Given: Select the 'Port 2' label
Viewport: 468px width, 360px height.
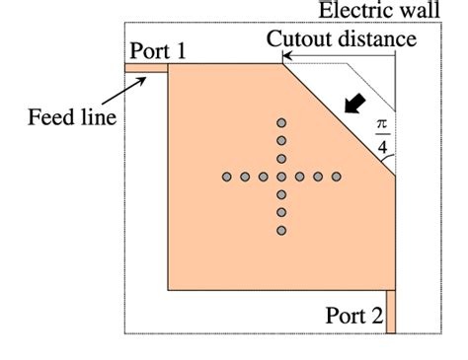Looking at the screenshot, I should [x=352, y=316].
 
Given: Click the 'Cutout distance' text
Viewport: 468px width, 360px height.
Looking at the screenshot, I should [x=342, y=39].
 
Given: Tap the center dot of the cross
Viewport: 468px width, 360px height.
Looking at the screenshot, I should [x=281, y=177].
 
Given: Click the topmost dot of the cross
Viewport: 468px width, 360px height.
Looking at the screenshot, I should [x=281, y=123].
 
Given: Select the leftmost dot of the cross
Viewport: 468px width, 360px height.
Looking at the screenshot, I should [x=227, y=177].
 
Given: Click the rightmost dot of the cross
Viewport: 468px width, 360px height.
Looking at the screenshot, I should [x=336, y=177].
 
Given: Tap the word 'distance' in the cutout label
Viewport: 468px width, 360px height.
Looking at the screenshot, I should [x=381, y=39].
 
